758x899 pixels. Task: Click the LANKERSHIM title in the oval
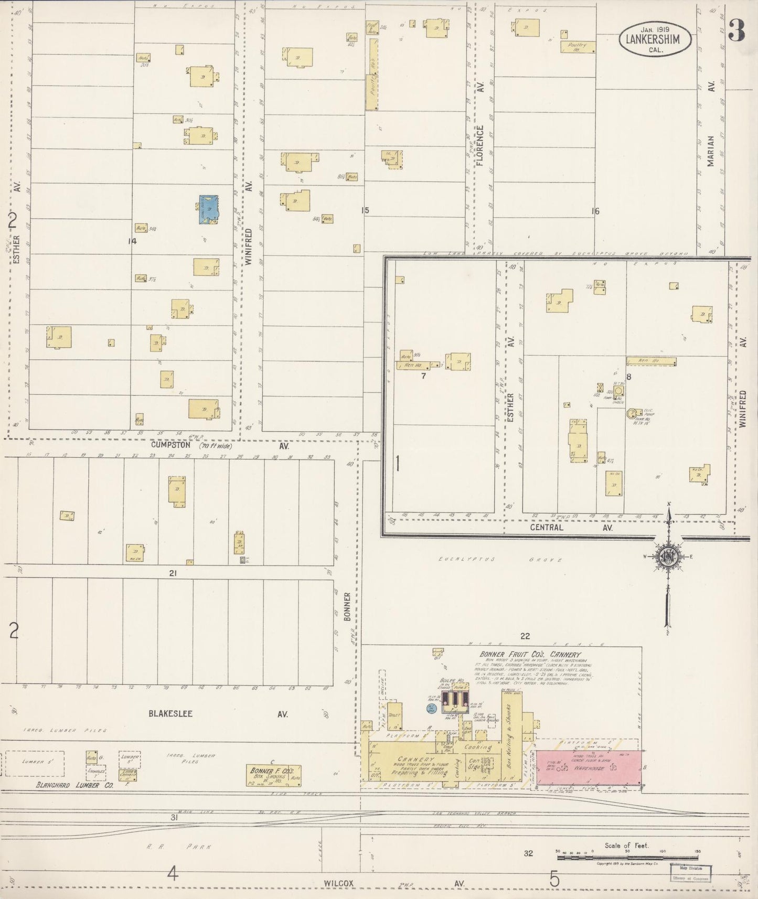coord(655,38)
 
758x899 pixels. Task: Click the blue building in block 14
coord(208,209)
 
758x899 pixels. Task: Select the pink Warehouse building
coord(588,768)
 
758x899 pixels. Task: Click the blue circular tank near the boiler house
coord(431,708)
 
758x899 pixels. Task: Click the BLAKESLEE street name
coord(170,713)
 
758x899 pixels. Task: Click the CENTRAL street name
coord(546,528)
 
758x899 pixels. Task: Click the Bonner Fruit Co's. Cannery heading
coord(530,655)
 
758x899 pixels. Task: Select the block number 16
coord(594,211)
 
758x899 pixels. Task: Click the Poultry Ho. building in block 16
coord(579,47)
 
